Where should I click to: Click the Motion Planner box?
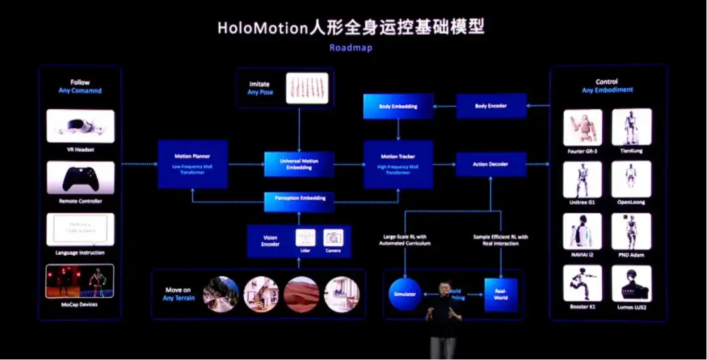pyautogui.click(x=192, y=164)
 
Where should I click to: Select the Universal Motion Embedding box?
pyautogui.click(x=299, y=164)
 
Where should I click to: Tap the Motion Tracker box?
pyautogui.click(x=398, y=164)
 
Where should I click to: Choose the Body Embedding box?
pyautogui.click(x=398, y=106)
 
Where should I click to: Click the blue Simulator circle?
pyautogui.click(x=405, y=294)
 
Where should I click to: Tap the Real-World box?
pyautogui.click(x=501, y=294)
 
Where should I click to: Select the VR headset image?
pyautogui.click(x=80, y=126)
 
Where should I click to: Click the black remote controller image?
pyautogui.click(x=80, y=177)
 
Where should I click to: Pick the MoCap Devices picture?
pyautogui.click(x=80, y=281)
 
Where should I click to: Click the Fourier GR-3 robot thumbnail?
pyautogui.click(x=583, y=126)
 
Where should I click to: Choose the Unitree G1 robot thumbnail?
pyautogui.click(x=583, y=178)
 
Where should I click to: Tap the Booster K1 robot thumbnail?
pyautogui.click(x=583, y=283)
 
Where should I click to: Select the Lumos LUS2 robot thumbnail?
pyautogui.click(x=631, y=283)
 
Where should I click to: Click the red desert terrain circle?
pyautogui.click(x=302, y=294)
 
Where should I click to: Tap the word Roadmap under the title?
pyautogui.click(x=352, y=48)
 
